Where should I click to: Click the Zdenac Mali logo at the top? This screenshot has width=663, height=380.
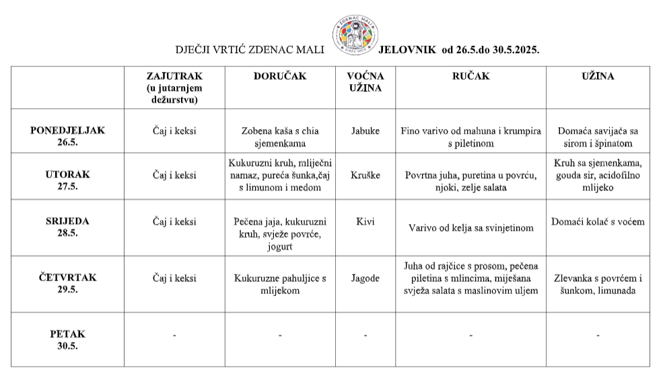(x=353, y=34)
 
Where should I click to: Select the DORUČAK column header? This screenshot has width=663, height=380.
(x=279, y=77)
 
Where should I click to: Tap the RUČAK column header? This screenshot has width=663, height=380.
(x=470, y=77)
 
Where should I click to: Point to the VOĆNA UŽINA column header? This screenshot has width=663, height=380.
(x=365, y=82)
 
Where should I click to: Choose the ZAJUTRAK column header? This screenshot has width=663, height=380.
(x=174, y=87)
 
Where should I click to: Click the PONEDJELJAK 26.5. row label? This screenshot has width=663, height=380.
(x=68, y=137)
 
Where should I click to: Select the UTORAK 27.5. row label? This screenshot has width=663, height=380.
(x=68, y=180)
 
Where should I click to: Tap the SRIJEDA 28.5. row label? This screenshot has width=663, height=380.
(x=68, y=227)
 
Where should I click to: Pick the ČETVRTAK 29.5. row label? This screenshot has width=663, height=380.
(x=68, y=282)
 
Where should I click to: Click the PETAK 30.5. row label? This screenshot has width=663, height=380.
(x=68, y=339)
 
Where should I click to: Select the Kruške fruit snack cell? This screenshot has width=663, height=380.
(x=365, y=176)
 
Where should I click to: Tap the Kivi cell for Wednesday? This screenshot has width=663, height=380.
(x=365, y=221)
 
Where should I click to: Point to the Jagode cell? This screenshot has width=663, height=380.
(x=365, y=277)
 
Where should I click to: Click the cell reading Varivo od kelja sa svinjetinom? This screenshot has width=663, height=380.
(x=470, y=228)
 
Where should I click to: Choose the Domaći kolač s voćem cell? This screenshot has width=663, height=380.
(x=598, y=221)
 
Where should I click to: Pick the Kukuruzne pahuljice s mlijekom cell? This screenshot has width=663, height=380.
(x=279, y=284)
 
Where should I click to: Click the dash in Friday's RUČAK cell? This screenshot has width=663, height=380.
(x=470, y=334)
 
